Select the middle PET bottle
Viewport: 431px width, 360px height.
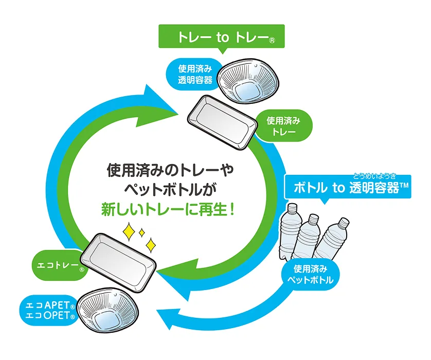(x=309, y=237)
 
